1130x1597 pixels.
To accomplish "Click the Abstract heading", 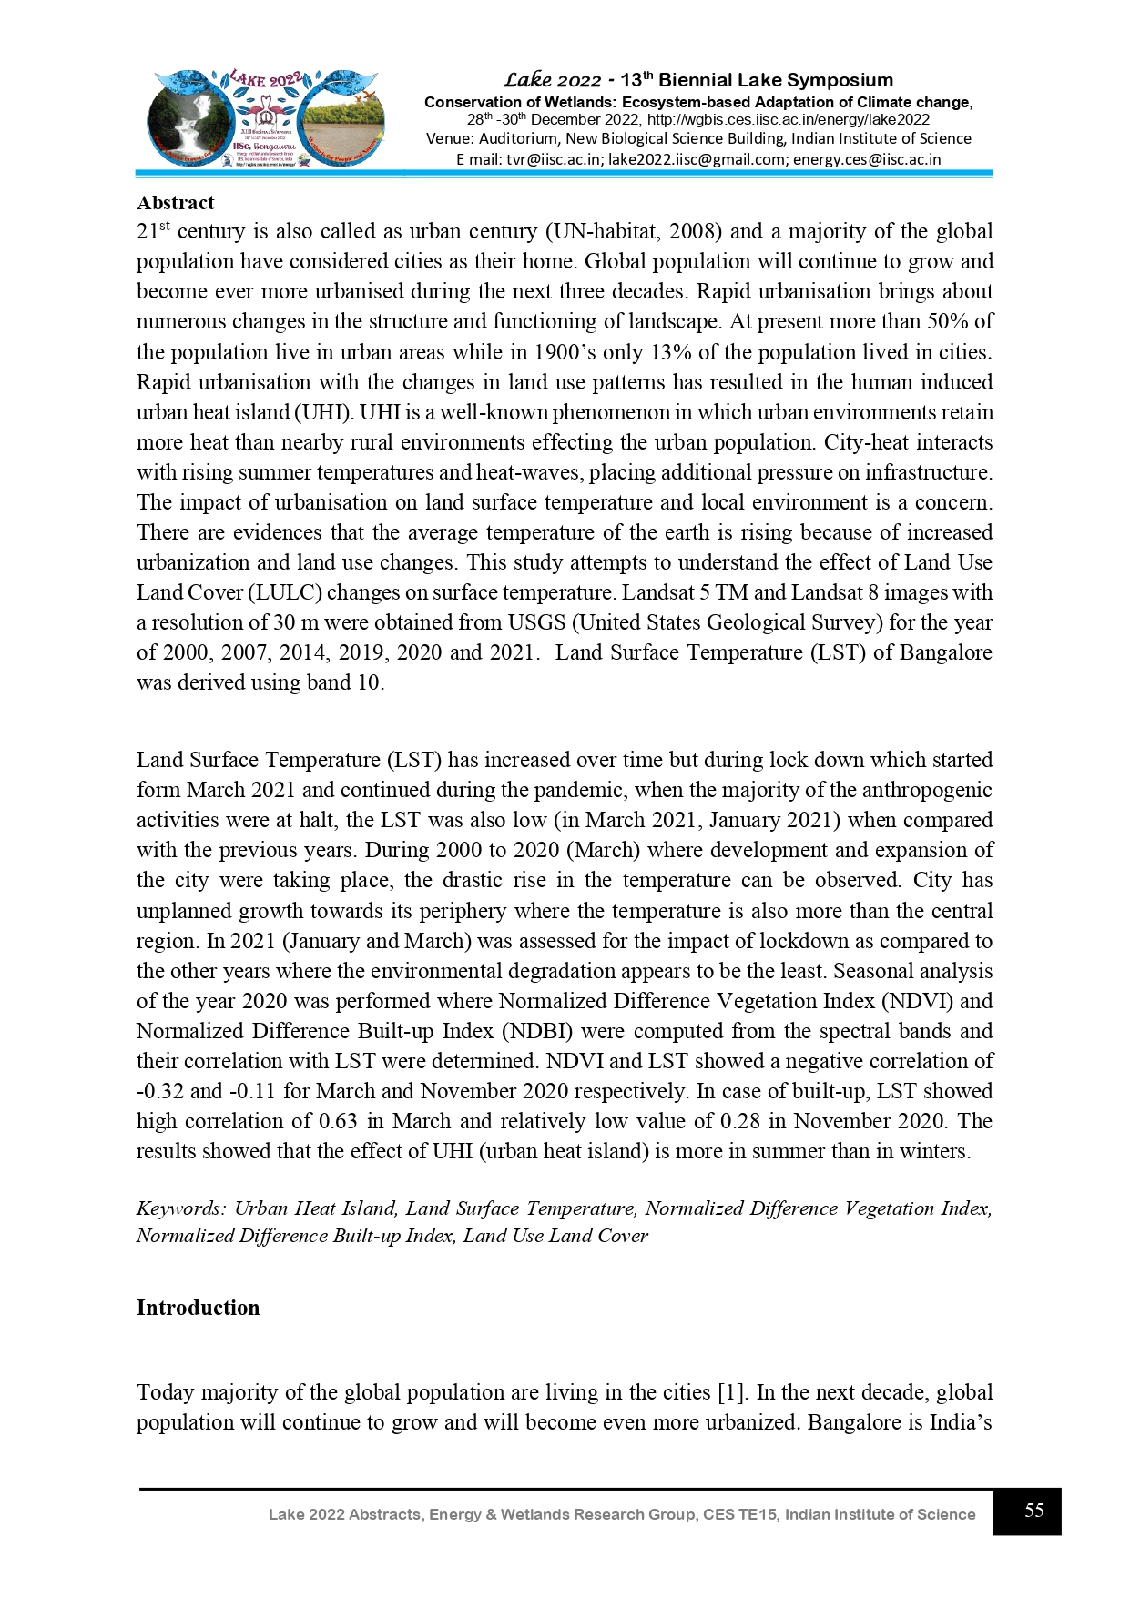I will pyautogui.click(x=175, y=203).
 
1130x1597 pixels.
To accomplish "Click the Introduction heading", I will pyautogui.click(x=198, y=1308).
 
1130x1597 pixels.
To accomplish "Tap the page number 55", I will pyautogui.click(x=1033, y=1511).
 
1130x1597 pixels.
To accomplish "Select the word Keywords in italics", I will pyautogui.click(x=180, y=1208).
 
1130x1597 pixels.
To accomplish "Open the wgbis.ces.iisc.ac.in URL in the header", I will pyautogui.click(x=789, y=119).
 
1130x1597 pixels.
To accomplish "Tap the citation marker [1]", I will pyautogui.click(x=731, y=1392).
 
